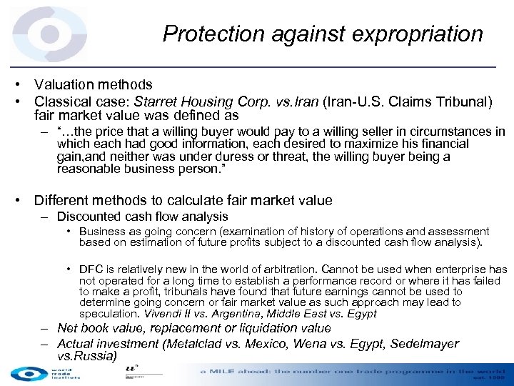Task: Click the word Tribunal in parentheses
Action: (x=460, y=102)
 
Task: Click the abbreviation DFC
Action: (x=91, y=269)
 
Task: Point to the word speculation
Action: (x=109, y=315)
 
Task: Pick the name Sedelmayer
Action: (x=418, y=344)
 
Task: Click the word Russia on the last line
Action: (x=96, y=356)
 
